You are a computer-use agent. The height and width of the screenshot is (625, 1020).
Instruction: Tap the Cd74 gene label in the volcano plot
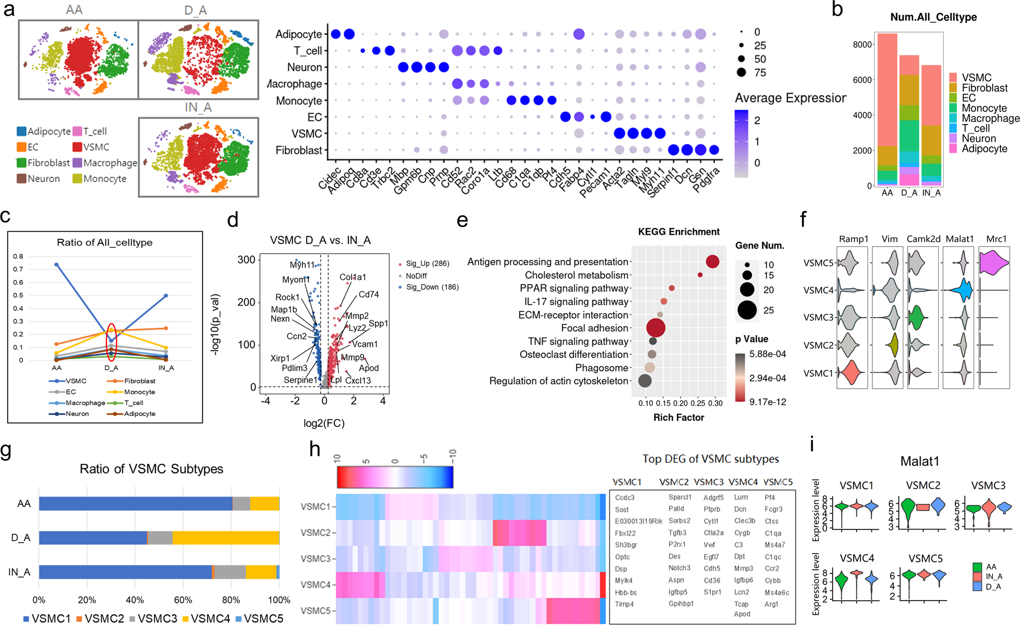click(x=369, y=294)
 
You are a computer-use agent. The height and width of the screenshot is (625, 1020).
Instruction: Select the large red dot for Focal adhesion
click(x=655, y=328)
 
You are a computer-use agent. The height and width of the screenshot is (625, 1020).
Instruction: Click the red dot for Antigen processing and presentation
click(x=712, y=262)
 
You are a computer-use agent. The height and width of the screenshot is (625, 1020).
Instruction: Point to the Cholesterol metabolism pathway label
click(x=576, y=275)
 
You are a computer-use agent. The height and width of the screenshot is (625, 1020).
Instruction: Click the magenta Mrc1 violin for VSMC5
click(x=994, y=262)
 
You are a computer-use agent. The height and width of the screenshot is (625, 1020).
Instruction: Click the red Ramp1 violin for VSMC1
click(x=850, y=373)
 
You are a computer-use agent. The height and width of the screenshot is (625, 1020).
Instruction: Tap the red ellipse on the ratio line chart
click(x=111, y=342)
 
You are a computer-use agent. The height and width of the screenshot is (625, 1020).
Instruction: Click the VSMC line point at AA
click(x=56, y=264)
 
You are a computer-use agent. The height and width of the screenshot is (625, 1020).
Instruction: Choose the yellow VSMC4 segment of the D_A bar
click(x=226, y=538)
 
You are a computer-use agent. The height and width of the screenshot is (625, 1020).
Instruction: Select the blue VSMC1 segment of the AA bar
click(x=135, y=503)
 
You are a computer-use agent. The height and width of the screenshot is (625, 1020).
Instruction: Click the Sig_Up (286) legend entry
click(x=427, y=263)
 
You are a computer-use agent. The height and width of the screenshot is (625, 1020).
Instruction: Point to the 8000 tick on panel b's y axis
click(x=862, y=44)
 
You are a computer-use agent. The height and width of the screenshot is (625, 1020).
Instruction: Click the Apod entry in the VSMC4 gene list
click(x=741, y=614)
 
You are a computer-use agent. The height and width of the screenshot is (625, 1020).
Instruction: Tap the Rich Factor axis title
click(x=678, y=418)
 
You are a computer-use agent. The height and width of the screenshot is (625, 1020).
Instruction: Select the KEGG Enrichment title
click(x=678, y=232)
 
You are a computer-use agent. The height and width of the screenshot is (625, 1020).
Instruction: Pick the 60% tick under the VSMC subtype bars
click(x=183, y=600)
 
